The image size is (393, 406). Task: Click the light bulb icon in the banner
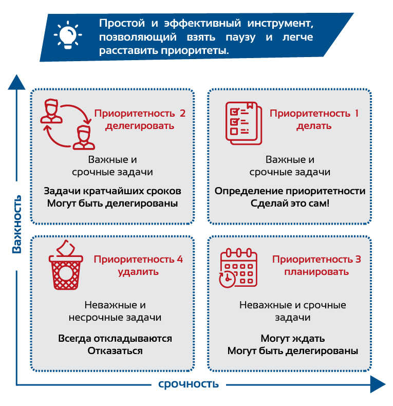tap(68, 35)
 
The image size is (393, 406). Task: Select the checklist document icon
tap(244, 123)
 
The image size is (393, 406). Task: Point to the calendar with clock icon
tap(238, 268)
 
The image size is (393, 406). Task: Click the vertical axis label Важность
tap(17, 224)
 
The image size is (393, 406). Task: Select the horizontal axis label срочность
tap(189, 384)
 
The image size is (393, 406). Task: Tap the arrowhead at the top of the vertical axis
tap(16, 82)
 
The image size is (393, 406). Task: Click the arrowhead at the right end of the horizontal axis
tap(378, 384)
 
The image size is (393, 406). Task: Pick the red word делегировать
tap(140, 126)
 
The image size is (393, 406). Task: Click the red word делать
tap(314, 126)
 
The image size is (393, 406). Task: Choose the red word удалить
tap(138, 272)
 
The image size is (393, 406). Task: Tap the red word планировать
tap(316, 272)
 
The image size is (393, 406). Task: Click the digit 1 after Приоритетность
tap(357, 113)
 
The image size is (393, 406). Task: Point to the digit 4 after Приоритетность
tap(180, 259)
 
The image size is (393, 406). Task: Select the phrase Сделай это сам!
tap(290, 204)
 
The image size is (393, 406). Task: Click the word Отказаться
tap(115, 351)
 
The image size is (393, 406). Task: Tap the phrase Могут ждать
tap(292, 339)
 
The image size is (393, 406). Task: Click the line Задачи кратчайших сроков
tap(113, 191)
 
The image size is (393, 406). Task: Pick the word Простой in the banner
tap(122, 23)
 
